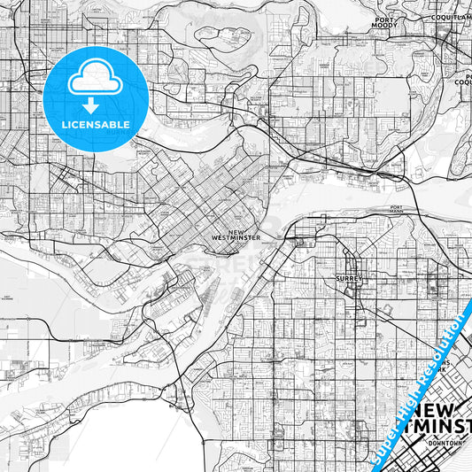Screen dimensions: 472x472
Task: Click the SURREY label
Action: (344, 277)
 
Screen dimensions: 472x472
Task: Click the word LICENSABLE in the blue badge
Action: (96, 124)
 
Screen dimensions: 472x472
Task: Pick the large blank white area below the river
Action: (115, 438)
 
